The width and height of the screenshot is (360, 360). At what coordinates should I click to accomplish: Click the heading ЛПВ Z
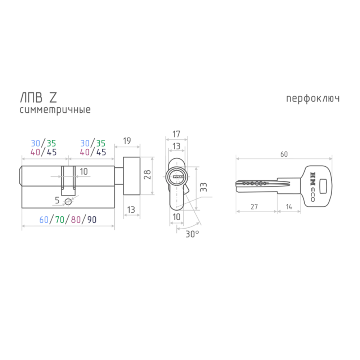click(39, 98)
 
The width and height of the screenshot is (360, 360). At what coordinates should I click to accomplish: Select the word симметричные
click(55, 110)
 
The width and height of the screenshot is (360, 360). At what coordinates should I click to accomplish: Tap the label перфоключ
click(313, 99)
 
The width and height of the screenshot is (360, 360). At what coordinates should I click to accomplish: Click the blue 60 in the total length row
click(44, 220)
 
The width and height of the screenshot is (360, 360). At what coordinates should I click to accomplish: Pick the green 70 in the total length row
click(60, 220)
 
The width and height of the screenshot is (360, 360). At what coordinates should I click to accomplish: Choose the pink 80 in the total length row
click(76, 220)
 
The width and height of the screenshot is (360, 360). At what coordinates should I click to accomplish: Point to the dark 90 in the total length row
click(92, 220)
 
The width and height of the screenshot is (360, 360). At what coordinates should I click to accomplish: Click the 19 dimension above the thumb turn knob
click(127, 141)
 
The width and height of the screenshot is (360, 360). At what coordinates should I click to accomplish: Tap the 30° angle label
click(192, 234)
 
